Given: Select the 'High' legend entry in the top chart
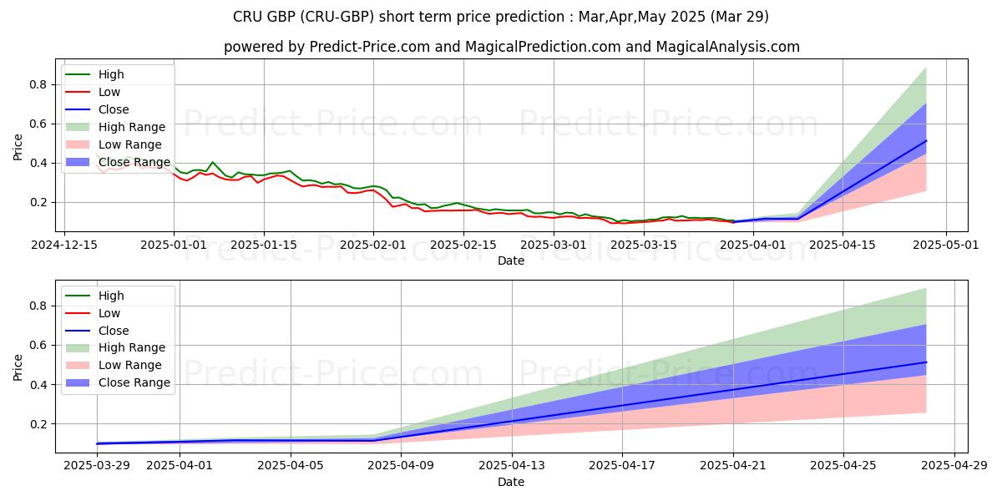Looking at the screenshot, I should [x=110, y=74].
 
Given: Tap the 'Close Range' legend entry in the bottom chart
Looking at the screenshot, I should [x=134, y=382].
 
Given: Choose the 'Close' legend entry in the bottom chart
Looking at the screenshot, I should [x=114, y=331].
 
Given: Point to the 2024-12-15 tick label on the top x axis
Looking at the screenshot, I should [x=65, y=245].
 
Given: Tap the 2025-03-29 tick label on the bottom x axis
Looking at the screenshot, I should [x=97, y=466].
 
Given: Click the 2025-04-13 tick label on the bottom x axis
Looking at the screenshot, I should [x=512, y=466].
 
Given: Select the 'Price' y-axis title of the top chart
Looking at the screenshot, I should [x=18, y=147].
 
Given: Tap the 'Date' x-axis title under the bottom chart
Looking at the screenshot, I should [x=511, y=482].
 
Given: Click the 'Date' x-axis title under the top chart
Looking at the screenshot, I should [x=511, y=261].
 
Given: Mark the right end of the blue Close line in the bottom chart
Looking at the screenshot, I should [x=926, y=362].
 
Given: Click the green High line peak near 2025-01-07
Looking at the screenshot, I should [x=212, y=162].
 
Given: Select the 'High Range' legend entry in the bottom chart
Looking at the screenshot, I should [x=132, y=347].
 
